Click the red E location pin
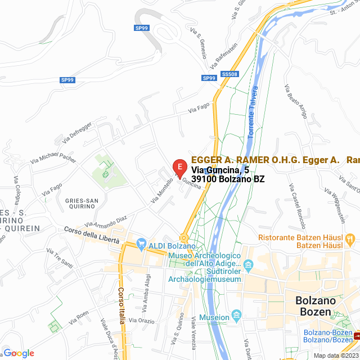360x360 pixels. (179, 168)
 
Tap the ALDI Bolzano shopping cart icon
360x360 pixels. (141, 245)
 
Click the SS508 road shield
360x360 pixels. (229, 74)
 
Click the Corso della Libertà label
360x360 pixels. (92, 235)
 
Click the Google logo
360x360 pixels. (19, 353)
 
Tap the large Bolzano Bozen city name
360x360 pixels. (316, 306)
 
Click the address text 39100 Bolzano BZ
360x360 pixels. (228, 179)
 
